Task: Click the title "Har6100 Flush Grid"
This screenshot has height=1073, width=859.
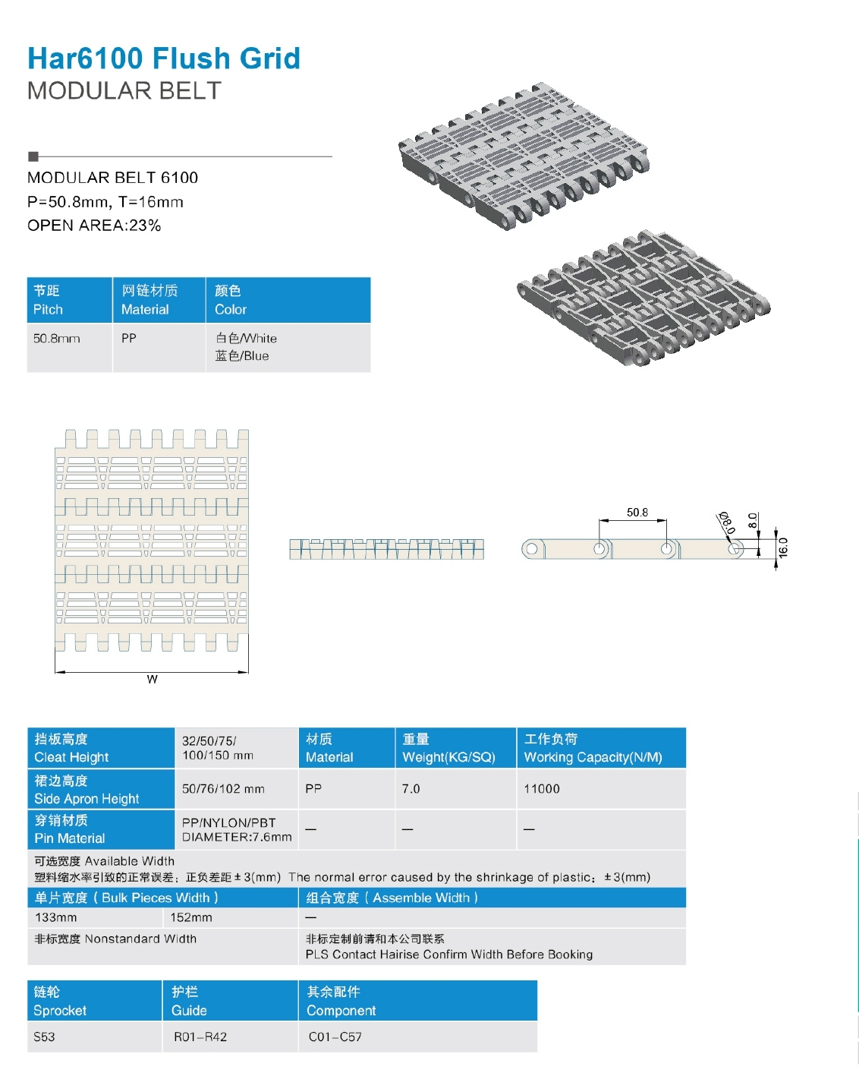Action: pos(164,58)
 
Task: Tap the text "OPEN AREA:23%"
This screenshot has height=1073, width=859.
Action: pos(94,226)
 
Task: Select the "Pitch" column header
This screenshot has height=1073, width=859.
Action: pos(48,309)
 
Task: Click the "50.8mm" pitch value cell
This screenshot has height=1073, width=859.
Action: pos(56,339)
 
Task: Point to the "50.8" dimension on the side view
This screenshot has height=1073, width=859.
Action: pos(637,513)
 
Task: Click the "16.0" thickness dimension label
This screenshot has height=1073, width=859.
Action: pos(783,548)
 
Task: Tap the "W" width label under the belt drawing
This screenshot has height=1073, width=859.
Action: pos(153,680)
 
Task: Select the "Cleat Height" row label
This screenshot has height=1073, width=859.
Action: pos(71,757)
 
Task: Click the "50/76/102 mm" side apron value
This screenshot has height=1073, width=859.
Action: pos(223,789)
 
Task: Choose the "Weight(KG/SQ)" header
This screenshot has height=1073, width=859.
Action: pos(448,757)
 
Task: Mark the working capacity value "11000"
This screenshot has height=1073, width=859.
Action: pos(542,789)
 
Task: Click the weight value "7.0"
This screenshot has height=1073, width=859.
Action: pos(411,789)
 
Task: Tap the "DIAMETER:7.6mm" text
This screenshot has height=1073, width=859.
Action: pos(237,837)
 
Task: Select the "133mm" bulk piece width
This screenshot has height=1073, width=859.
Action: pos(55,917)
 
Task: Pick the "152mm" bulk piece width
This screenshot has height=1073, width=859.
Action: pos(191,917)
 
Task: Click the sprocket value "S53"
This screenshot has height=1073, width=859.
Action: pos(44,1037)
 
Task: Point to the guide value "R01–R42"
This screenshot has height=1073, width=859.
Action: pos(200,1037)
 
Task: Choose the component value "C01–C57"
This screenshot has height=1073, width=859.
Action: pos(335,1037)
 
